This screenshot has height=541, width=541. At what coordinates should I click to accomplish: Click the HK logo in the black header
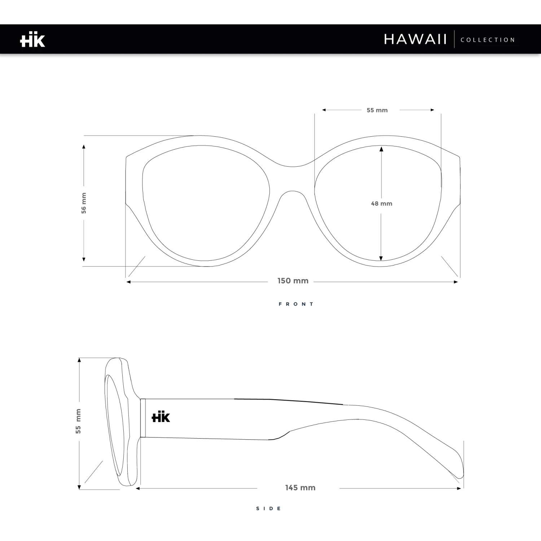pyautogui.click(x=32, y=40)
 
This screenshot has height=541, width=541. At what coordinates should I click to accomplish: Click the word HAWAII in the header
pyautogui.click(x=415, y=39)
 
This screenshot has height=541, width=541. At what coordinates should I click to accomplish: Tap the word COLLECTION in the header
pyautogui.click(x=488, y=40)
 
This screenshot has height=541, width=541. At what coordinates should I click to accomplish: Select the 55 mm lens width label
pyautogui.click(x=377, y=110)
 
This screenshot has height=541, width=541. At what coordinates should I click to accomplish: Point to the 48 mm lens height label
pyautogui.click(x=382, y=204)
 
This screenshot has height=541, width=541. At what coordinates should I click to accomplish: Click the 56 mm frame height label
pyautogui.click(x=84, y=203)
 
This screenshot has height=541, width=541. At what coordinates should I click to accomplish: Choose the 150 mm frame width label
pyautogui.click(x=293, y=281)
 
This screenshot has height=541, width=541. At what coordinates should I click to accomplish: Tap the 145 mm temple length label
pyautogui.click(x=300, y=488)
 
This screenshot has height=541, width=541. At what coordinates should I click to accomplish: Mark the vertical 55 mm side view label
pyautogui.click(x=78, y=421)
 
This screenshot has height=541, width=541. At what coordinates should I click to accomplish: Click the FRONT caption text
pyautogui.click(x=296, y=304)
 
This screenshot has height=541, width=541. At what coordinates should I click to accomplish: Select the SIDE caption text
pyautogui.click(x=269, y=509)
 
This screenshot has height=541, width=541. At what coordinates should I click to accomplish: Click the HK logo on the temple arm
pyautogui.click(x=161, y=417)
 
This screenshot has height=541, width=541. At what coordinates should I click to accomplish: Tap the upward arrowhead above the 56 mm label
pyautogui.click(x=84, y=147)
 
